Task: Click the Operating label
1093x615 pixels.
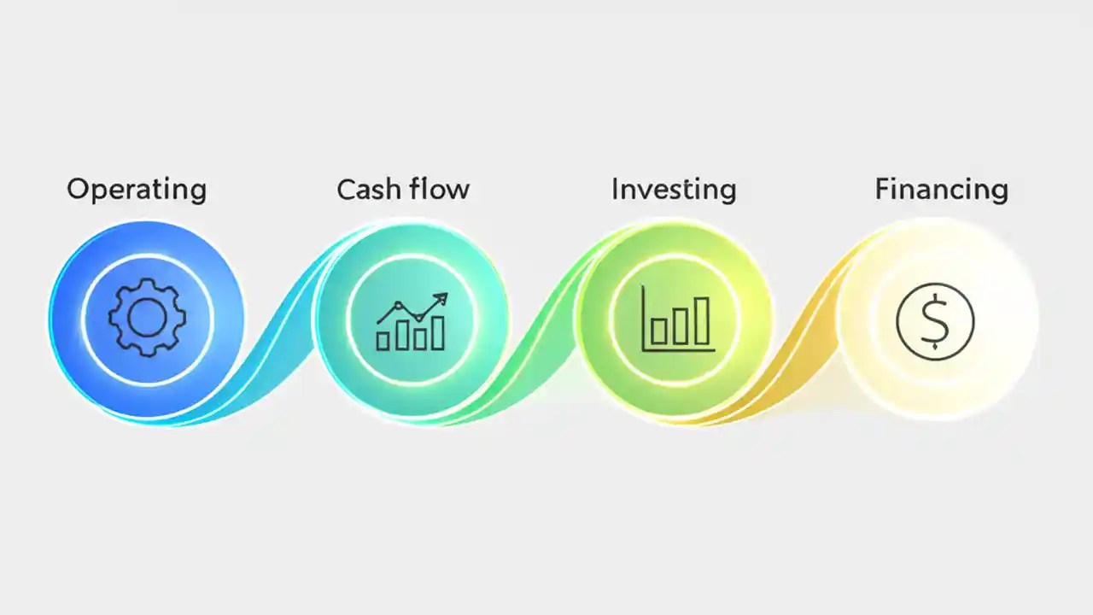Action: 137,190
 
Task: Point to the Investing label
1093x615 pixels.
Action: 673,190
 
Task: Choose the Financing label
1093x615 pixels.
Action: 941,190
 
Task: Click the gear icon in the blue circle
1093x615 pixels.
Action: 147,319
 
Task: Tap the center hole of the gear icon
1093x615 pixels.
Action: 147,319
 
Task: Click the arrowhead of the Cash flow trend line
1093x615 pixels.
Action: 441,298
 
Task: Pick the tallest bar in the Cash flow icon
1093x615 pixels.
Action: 438,333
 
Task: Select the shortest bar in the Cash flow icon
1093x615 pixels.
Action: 383,341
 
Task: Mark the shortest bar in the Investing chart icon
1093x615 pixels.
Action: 658,330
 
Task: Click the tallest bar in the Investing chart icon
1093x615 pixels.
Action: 702,320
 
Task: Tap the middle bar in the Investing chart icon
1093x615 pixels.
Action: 681,325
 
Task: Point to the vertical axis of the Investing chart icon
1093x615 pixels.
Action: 644,318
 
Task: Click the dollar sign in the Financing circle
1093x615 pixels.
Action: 935,320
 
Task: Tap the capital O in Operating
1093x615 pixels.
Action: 78,189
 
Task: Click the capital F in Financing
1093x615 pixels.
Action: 882,189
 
